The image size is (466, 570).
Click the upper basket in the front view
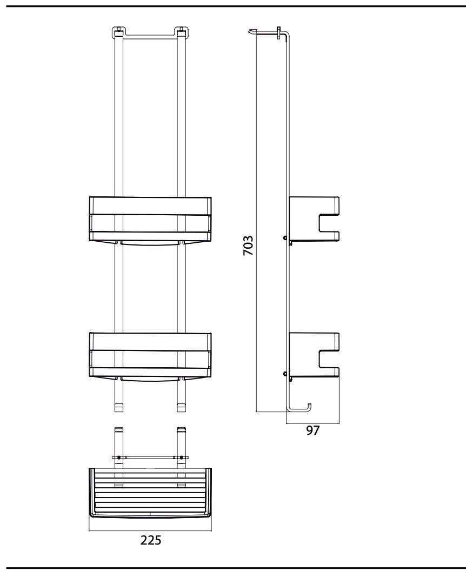150,218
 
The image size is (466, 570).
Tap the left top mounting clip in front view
118,32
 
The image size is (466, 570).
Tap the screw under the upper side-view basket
285,238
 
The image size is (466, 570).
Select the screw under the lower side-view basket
285,373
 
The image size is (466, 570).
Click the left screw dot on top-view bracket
119,458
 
